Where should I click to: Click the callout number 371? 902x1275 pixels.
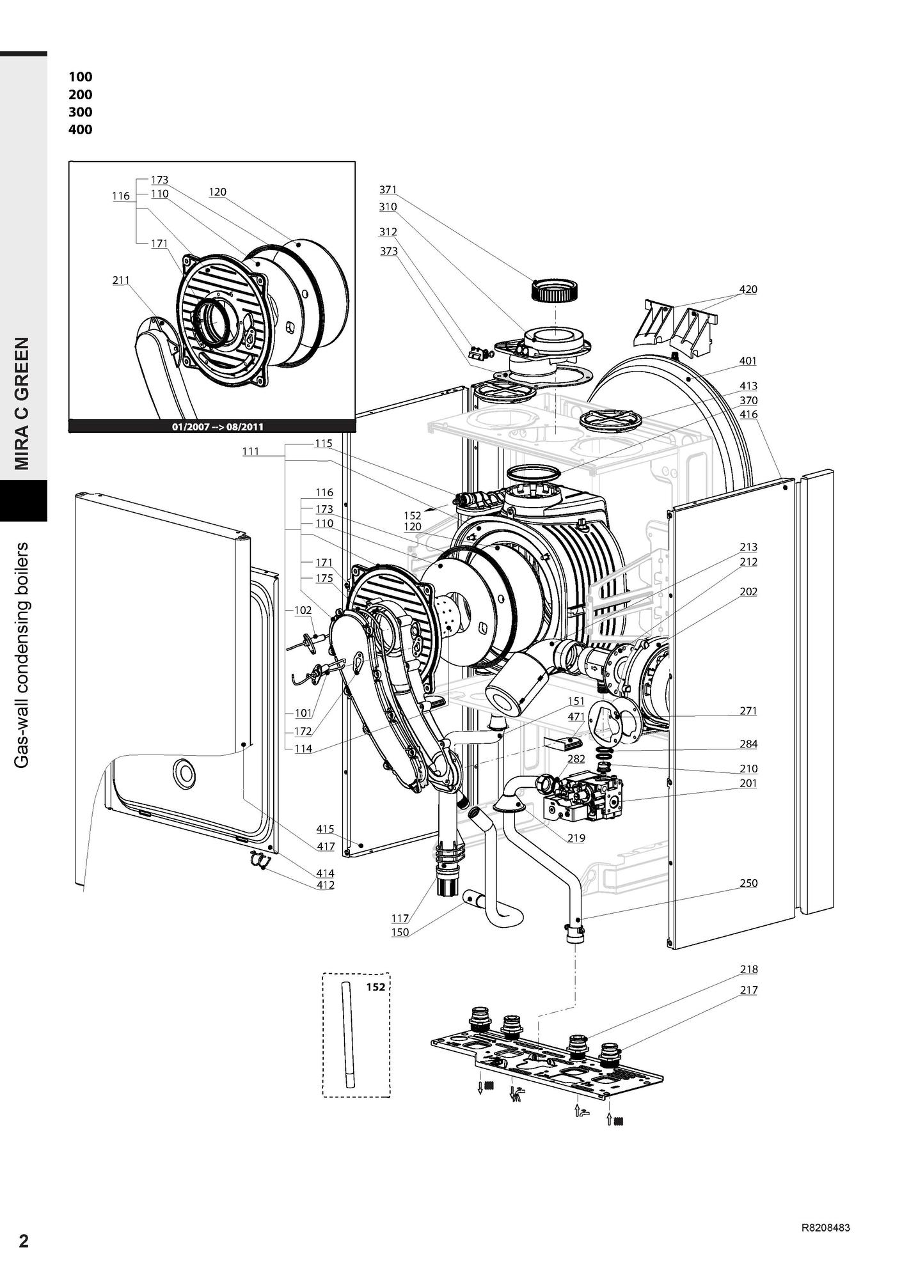(x=388, y=190)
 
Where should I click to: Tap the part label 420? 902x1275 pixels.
(x=748, y=290)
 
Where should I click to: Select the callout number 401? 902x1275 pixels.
(x=748, y=361)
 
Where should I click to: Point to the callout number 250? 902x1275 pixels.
(x=748, y=884)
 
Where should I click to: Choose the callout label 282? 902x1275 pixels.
(x=576, y=759)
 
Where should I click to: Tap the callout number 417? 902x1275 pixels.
(x=326, y=847)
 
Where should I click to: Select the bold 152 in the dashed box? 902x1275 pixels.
(x=376, y=987)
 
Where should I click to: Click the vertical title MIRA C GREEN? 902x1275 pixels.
(x=23, y=403)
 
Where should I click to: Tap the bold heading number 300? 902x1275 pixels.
(x=81, y=113)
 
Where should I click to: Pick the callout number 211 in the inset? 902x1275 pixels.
(x=121, y=281)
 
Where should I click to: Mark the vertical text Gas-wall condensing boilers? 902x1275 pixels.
(x=23, y=655)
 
